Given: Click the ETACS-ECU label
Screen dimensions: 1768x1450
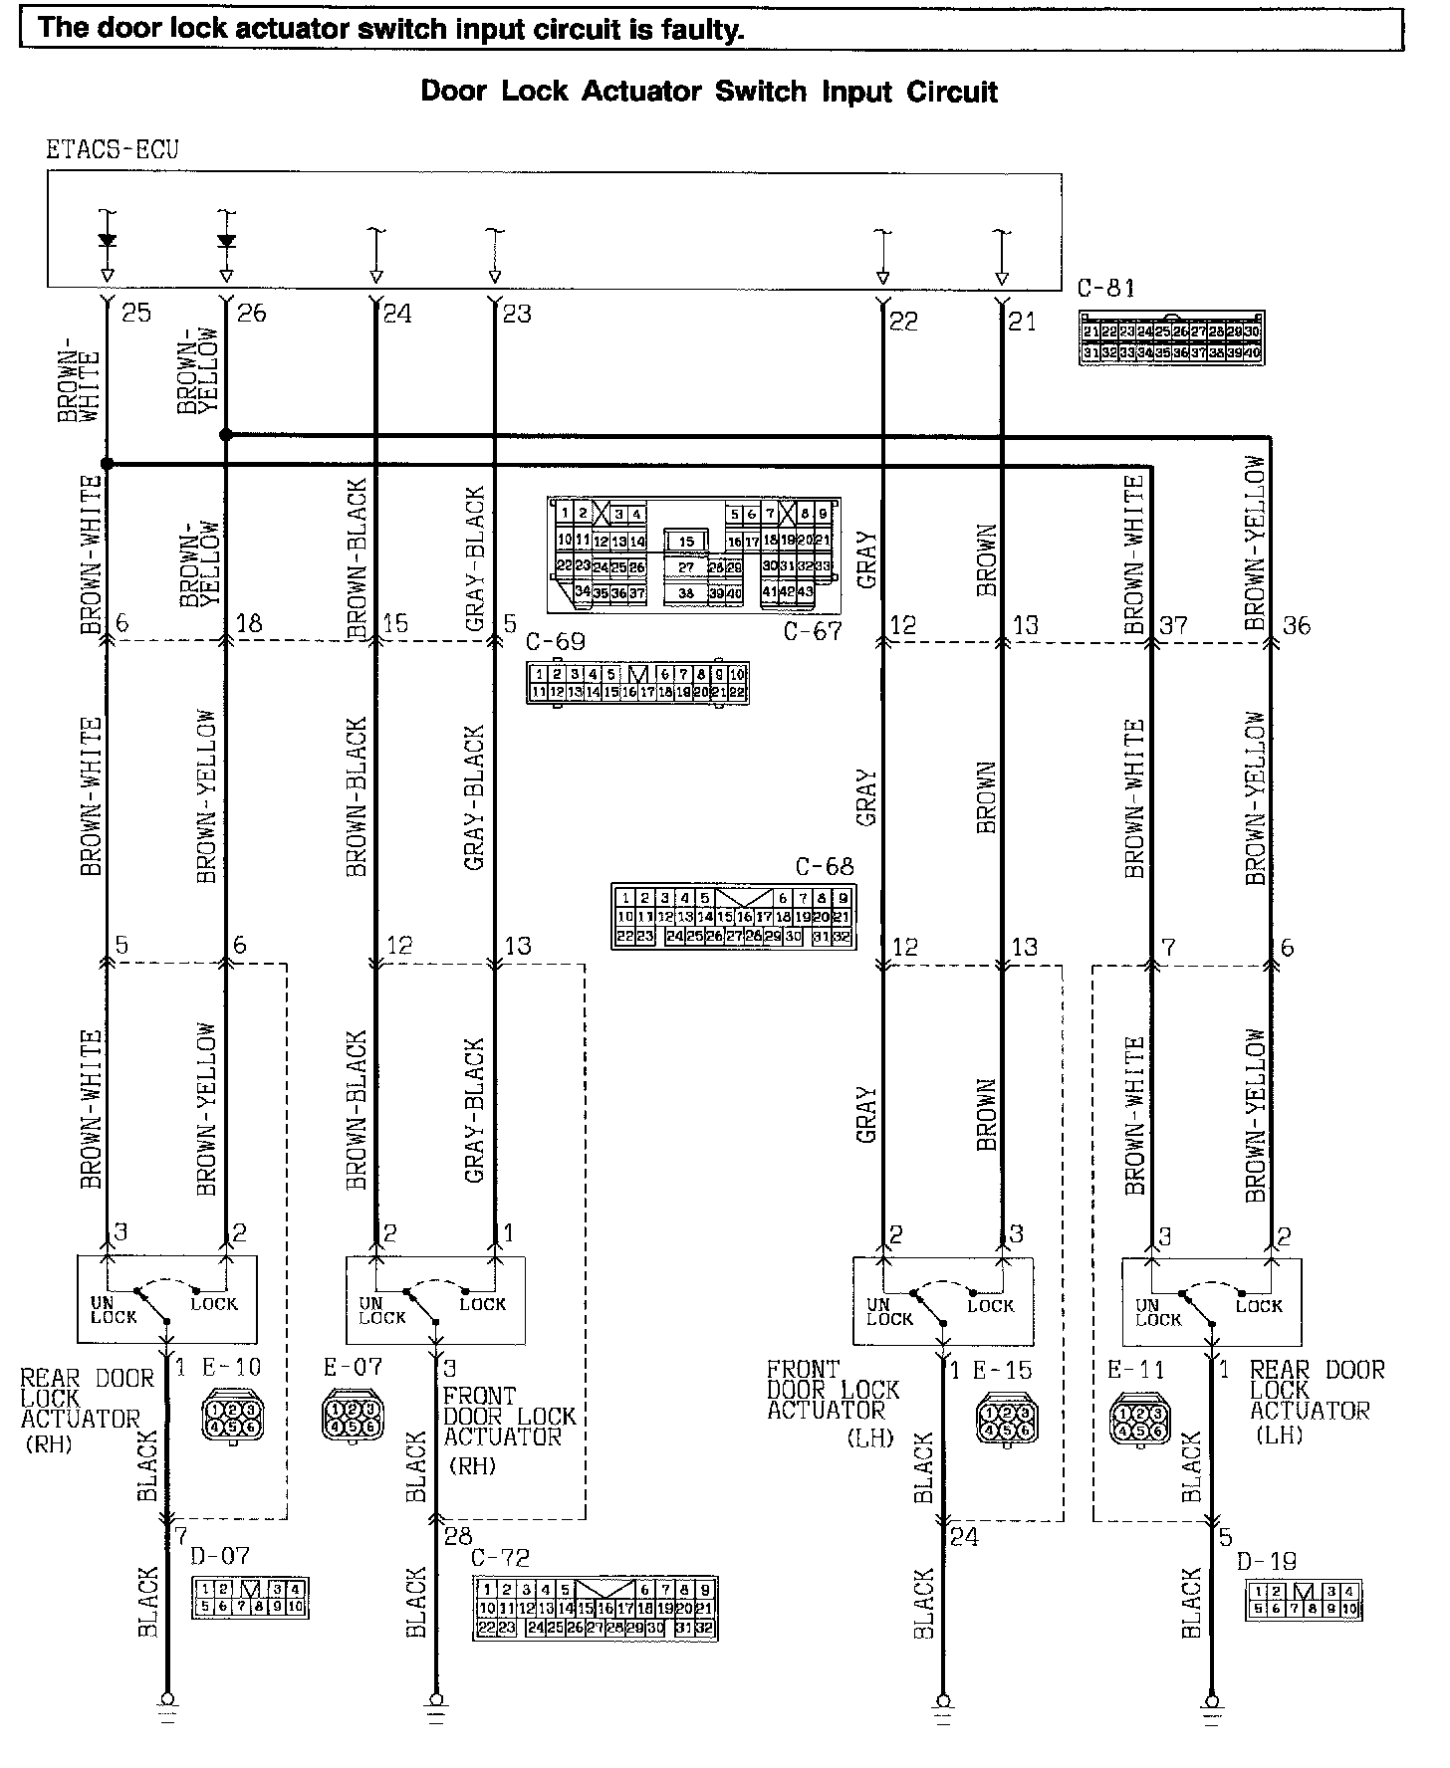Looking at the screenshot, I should [112, 150].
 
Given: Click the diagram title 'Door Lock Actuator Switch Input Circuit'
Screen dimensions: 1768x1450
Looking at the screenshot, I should [708, 92].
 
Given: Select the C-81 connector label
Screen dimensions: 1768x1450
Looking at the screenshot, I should [1105, 289].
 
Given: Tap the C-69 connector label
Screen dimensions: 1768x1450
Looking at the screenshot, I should [555, 642].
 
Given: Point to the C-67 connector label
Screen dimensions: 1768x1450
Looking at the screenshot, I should [812, 630].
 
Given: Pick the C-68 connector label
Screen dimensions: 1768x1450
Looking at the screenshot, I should [824, 867].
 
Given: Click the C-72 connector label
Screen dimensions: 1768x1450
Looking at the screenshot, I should [500, 1558].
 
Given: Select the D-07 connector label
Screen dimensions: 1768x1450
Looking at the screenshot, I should [219, 1555].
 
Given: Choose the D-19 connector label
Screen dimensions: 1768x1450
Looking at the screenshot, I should [1267, 1562].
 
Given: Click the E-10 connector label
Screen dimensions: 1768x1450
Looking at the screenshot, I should [231, 1367].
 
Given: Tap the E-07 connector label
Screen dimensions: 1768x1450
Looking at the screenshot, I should [353, 1367].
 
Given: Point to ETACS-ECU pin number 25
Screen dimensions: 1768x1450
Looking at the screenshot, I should [135, 313].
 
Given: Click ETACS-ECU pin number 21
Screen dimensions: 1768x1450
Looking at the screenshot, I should [1022, 321].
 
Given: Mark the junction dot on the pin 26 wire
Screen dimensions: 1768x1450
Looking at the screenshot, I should [226, 435].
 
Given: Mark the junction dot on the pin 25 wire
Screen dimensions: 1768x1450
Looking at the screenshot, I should [107, 464].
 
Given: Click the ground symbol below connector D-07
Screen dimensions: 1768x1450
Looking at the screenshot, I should [166, 1704].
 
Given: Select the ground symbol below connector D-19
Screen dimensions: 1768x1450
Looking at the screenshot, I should [1211, 1704].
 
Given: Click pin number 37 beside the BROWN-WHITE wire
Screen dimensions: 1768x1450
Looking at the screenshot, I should [1173, 625].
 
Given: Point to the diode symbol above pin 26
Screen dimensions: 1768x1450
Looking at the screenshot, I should [226, 241].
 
